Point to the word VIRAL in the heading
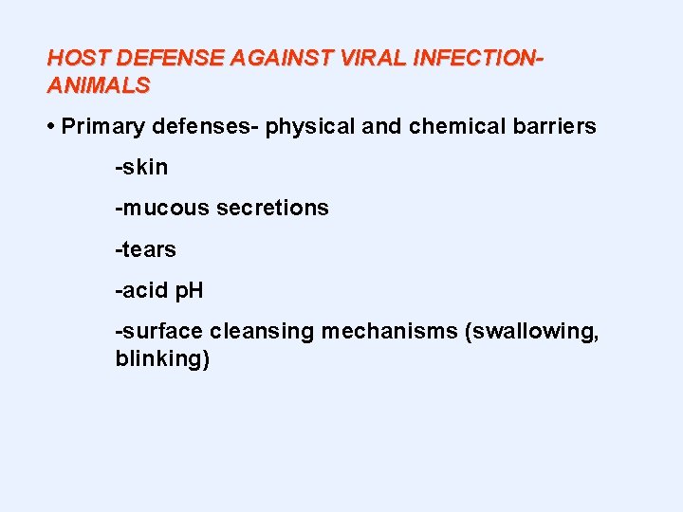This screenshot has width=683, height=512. (x=360, y=57)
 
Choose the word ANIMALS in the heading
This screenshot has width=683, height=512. (x=99, y=84)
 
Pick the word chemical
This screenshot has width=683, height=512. (x=452, y=127)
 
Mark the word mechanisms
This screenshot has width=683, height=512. (x=389, y=333)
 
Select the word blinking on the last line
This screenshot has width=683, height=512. (x=159, y=360)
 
